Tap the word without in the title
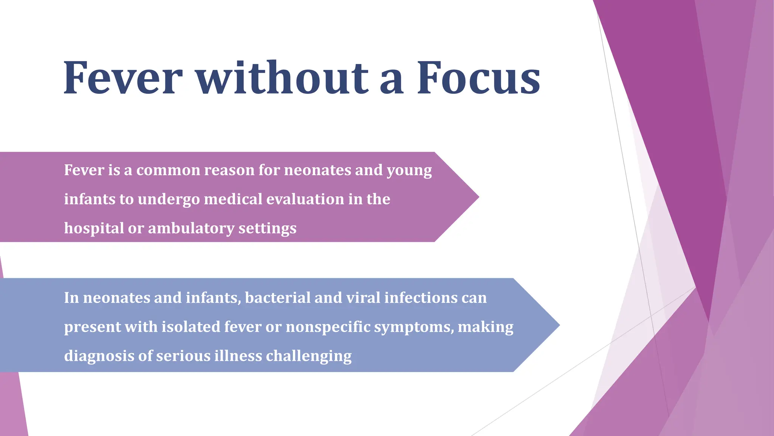282,78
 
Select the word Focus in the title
478,78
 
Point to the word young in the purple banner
409,171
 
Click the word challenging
308,356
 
